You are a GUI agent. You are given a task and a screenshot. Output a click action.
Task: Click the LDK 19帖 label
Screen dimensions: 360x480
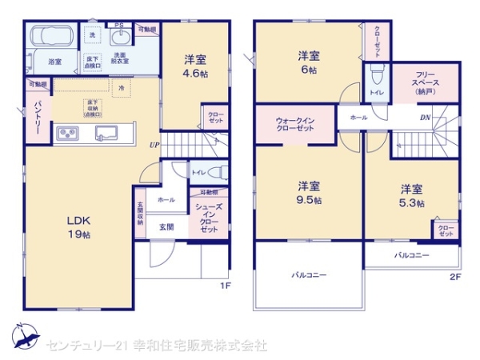coord(78,228)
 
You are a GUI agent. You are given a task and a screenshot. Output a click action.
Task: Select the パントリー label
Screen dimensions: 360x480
coord(38,116)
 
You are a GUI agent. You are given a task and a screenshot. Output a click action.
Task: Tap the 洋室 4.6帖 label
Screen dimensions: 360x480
coord(195,66)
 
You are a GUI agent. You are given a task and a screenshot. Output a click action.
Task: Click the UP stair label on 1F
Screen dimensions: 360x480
coord(152,145)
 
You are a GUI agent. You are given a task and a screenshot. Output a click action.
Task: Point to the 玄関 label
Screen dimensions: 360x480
coord(166,227)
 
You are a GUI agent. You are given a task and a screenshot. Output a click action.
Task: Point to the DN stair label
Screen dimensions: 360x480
coord(426,118)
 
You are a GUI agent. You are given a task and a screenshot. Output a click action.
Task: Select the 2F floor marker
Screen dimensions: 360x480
coord(455,278)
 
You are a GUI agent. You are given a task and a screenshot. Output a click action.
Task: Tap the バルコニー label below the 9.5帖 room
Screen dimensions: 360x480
coord(308,274)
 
